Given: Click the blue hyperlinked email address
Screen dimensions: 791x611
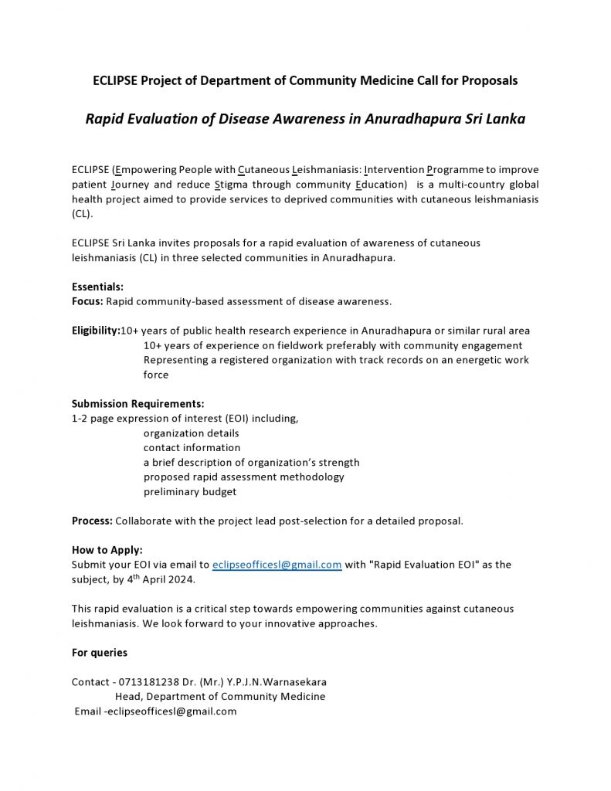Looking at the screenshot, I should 277,565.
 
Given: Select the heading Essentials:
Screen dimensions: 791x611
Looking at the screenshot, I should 97,287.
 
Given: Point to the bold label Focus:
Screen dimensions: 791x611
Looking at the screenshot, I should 87,301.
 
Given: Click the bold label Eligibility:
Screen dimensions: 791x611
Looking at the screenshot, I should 96,331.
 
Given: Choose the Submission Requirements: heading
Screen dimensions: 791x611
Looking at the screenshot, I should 138,404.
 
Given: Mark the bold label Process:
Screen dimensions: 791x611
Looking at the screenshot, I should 92,521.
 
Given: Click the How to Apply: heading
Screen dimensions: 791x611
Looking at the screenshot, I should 107,550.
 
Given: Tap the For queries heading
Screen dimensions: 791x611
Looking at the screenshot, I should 100,653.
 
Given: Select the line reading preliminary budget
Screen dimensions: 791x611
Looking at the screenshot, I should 190,491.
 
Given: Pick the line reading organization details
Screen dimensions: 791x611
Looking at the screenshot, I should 191,433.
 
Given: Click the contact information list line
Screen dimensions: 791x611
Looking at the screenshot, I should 192,448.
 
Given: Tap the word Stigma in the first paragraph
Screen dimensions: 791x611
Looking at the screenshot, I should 231,185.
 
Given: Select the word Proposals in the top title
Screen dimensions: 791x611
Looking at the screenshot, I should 490,80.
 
